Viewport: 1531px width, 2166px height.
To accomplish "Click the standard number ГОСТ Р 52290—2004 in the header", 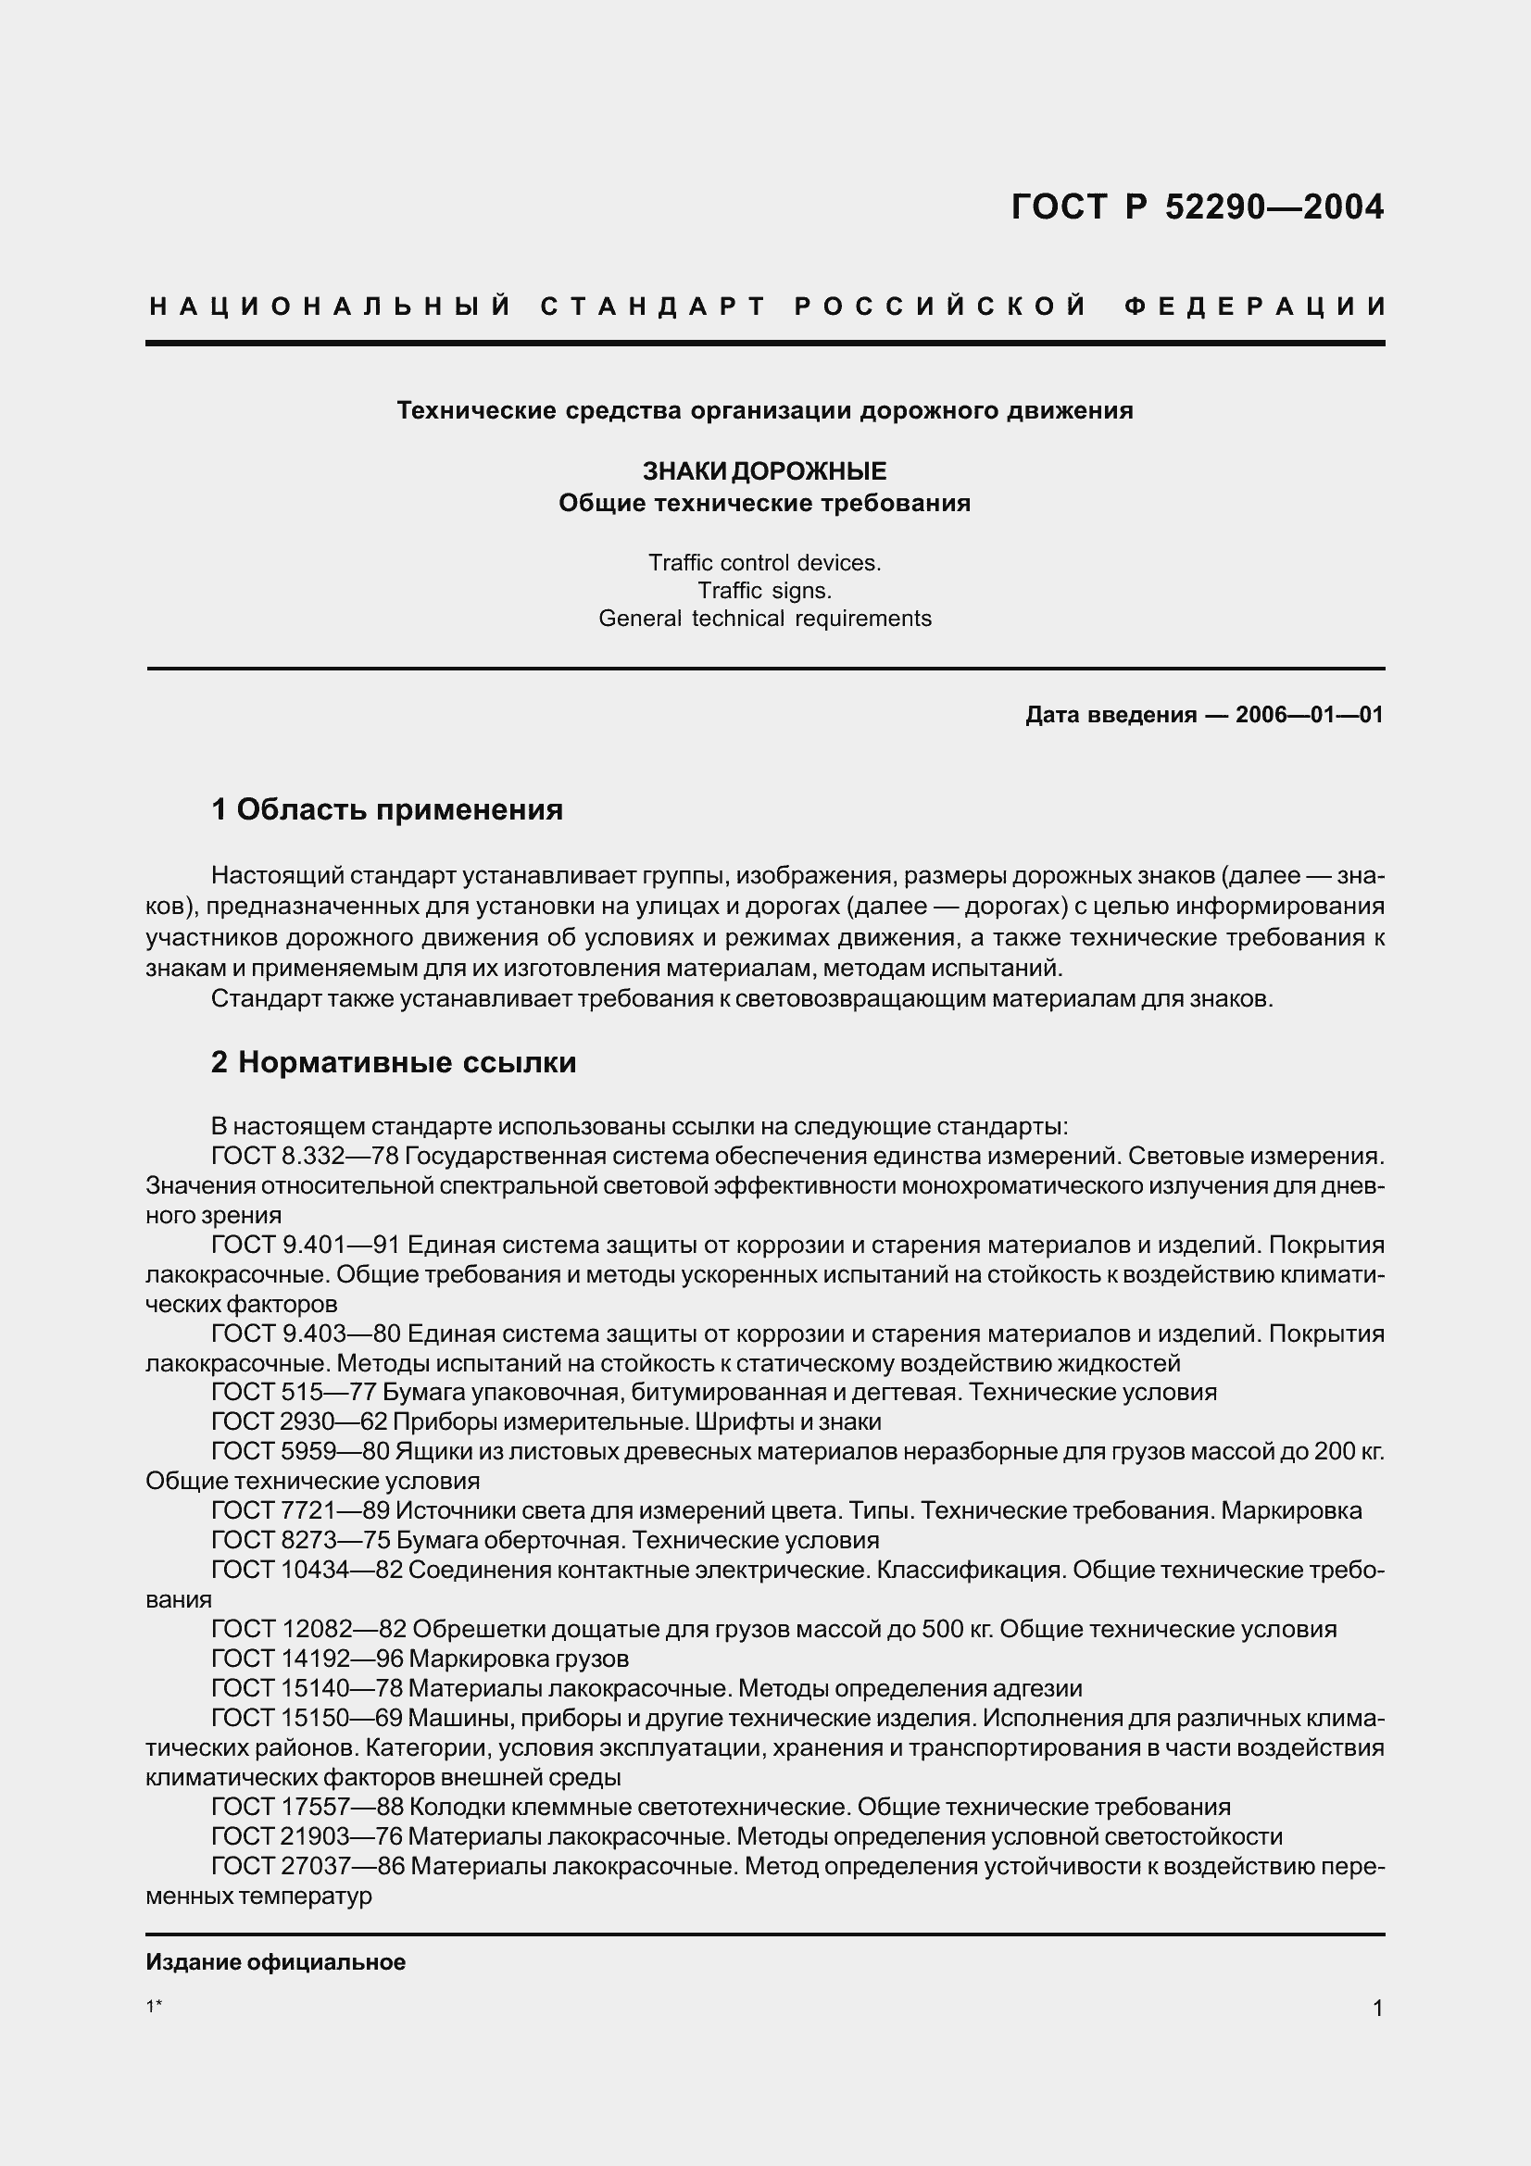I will (1197, 207).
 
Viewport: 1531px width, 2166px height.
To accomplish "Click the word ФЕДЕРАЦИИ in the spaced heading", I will (1254, 307).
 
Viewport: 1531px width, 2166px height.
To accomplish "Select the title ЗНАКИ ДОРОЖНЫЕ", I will (764, 470).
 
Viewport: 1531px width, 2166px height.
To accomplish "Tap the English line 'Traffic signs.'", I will (764, 591).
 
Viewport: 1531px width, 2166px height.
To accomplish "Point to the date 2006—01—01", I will (1310, 715).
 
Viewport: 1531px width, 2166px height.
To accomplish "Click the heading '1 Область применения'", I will (387, 809).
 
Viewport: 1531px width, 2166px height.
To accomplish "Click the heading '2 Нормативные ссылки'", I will (394, 1063).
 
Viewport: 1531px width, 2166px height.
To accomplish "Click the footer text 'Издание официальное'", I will (275, 1963).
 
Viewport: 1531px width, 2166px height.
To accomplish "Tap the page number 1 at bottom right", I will (1377, 2009).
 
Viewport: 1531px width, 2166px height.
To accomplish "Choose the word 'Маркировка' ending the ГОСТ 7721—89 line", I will (1291, 1511).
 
